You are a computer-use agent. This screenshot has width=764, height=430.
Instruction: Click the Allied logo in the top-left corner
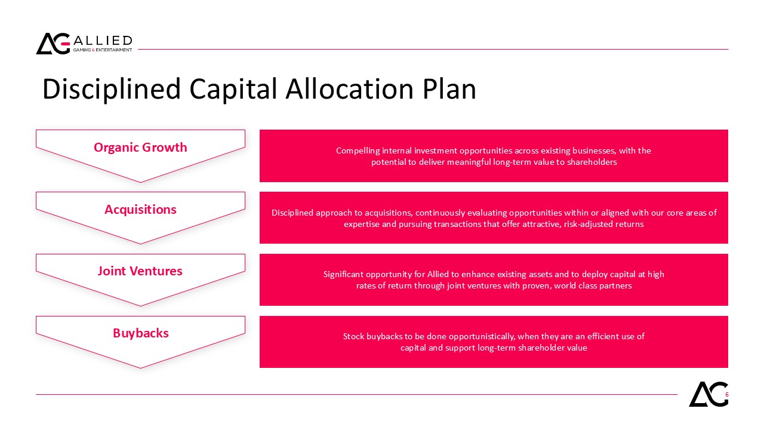84,44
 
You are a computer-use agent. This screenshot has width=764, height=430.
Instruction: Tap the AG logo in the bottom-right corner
708,394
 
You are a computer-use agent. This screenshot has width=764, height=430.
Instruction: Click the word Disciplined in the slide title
111,89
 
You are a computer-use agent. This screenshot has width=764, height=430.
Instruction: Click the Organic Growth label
140,147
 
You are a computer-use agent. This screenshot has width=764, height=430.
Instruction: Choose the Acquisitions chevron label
140,209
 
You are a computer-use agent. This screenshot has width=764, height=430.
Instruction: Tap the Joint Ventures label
140,271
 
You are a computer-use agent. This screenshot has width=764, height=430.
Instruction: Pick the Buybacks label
140,333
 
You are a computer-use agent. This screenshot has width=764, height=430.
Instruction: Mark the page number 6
727,395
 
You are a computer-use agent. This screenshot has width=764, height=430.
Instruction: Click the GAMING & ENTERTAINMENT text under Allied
102,50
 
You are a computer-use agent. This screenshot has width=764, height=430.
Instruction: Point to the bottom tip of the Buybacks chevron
140,368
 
